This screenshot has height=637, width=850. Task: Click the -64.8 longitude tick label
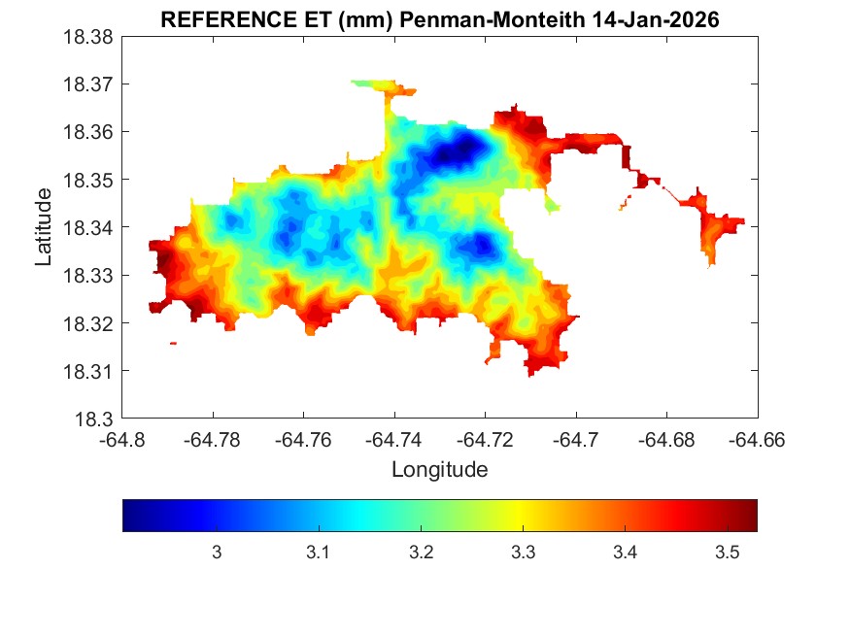point(123,441)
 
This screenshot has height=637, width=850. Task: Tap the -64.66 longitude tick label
point(758,441)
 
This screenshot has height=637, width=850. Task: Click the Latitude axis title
point(44,228)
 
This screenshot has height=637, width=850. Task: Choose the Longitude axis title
point(439,470)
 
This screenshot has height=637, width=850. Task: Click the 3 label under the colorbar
point(216,553)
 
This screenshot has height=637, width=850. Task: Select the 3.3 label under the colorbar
point(522,553)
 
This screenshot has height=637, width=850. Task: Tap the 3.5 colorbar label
point(726,553)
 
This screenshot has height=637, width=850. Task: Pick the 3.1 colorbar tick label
point(318,553)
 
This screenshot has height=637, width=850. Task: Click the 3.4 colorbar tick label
point(624,553)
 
